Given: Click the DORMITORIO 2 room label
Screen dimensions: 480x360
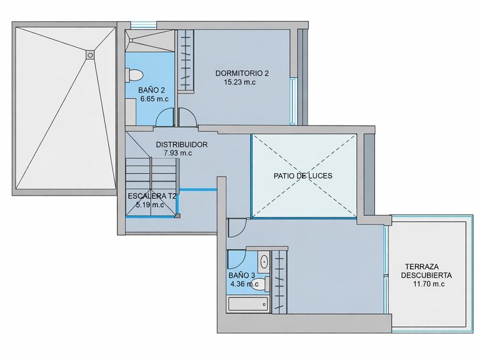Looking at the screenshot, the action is click(x=242, y=74).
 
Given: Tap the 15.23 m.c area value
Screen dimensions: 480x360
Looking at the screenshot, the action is click(x=240, y=82).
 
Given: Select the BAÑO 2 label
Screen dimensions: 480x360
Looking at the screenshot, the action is click(x=151, y=90).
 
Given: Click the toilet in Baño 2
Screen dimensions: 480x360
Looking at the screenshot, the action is click(x=134, y=75).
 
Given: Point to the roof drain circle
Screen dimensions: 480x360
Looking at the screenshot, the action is click(x=90, y=55).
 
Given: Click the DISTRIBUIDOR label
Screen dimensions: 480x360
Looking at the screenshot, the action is click(x=181, y=144).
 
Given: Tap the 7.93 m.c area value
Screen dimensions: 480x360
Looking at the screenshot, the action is click(x=177, y=153).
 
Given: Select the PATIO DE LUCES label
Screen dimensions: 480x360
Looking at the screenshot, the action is click(x=303, y=176).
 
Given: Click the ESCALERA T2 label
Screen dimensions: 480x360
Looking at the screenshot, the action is click(x=152, y=196).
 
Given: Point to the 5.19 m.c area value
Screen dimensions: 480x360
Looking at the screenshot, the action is click(x=150, y=205).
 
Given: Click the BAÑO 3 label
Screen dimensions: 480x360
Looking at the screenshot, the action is click(x=242, y=276).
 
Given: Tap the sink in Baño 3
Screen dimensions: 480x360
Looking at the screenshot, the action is click(x=263, y=262).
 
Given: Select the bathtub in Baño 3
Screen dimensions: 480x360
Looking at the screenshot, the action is click(x=248, y=304).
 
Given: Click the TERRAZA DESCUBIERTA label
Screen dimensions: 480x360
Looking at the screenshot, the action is click(x=426, y=271).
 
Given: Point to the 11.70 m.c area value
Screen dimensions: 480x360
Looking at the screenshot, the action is click(x=429, y=284).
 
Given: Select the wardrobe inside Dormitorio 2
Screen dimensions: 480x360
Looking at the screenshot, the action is click(x=186, y=60).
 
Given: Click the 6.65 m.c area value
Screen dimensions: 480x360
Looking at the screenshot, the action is click(x=154, y=99).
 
